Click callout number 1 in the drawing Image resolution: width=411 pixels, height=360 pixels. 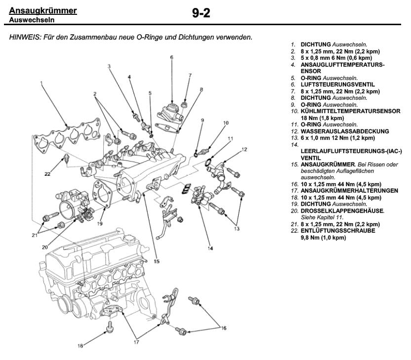click(41, 84)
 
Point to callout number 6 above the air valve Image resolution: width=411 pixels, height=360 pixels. click(171, 57)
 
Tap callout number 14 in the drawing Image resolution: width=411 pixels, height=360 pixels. click(210, 248)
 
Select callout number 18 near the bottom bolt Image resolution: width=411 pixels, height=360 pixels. click(80, 346)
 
